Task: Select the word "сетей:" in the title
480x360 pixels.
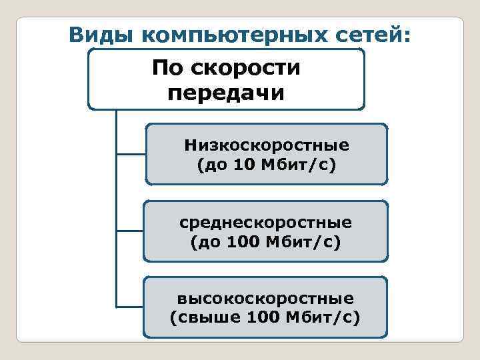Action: [378, 34]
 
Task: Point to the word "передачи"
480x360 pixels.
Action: [226, 91]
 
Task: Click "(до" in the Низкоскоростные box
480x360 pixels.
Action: [213, 164]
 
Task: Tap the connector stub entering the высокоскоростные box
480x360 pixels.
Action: [130, 307]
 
